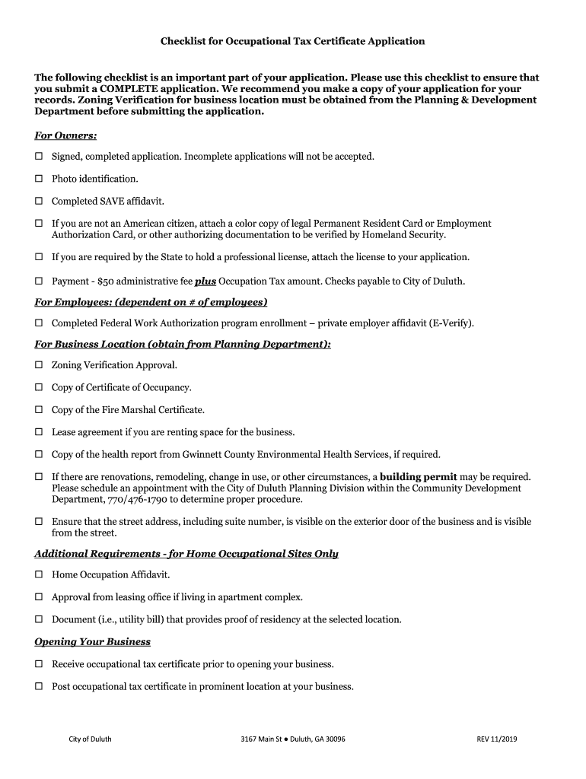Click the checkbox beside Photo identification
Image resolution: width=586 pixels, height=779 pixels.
(x=39, y=179)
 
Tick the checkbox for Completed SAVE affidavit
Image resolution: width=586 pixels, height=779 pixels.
(x=39, y=202)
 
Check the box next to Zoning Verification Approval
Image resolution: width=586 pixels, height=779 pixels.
(x=39, y=366)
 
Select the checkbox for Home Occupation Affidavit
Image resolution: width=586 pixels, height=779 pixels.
(x=39, y=575)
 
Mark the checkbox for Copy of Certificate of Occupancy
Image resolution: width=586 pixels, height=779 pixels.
(x=39, y=388)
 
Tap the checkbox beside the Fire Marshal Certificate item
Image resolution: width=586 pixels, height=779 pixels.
(x=39, y=410)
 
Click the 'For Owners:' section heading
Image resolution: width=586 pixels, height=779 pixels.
(x=65, y=135)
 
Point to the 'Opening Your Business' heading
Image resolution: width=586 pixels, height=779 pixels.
(x=92, y=642)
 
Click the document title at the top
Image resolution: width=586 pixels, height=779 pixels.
(x=292, y=41)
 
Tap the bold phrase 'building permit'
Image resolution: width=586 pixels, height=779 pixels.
(x=418, y=477)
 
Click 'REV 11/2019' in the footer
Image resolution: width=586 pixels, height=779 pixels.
(x=496, y=739)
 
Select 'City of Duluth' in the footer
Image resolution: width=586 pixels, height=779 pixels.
(x=90, y=739)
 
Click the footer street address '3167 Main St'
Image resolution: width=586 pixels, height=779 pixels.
(x=262, y=739)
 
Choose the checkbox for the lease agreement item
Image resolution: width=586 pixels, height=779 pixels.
(x=39, y=432)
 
